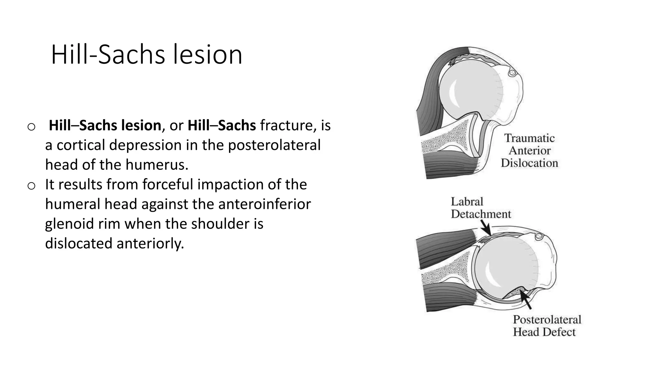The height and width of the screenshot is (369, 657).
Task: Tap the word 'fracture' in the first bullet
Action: coord(286,125)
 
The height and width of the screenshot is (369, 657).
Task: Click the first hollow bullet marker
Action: coord(31,127)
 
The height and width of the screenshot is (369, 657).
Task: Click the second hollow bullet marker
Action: coord(31,186)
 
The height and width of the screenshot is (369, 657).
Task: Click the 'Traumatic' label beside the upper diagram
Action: coord(529,138)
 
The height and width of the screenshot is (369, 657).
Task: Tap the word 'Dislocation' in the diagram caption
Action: coord(529,163)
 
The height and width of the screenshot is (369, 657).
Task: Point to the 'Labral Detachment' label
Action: coord(480,208)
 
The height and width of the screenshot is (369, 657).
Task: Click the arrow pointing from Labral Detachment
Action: coord(486,229)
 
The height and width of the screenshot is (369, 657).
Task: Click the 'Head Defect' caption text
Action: coord(544,332)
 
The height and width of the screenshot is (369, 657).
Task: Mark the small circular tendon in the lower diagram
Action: coord(539,237)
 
